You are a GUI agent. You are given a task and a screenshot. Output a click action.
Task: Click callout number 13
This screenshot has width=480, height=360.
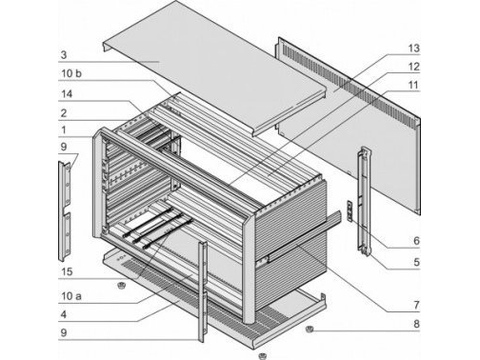pos(413,49)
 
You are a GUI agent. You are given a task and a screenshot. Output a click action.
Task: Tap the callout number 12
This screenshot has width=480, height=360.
pos(413,67)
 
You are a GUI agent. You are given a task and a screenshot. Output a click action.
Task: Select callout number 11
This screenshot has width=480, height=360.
pos(413,85)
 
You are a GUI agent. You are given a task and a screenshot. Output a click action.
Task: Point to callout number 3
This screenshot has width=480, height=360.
pos(64,55)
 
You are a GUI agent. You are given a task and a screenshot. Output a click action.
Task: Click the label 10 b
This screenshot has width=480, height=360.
pos(71,73)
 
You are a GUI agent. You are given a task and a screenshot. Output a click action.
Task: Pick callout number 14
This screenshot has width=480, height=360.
pos(67,94)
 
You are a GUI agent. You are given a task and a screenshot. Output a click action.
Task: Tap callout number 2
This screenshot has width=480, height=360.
pos(64,113)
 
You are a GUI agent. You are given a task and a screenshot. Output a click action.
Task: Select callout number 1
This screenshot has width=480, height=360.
pos(64,130)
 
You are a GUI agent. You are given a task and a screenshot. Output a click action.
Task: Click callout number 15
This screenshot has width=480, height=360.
pos(67,271)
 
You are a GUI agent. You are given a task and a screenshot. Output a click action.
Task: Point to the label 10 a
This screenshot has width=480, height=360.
pos(71,296)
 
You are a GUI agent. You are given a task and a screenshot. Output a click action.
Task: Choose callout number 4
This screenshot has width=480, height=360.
pos(64,314)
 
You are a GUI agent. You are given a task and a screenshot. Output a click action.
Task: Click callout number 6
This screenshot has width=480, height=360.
pos(416,241)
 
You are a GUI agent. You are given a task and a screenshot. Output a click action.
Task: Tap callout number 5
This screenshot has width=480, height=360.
pos(416,262)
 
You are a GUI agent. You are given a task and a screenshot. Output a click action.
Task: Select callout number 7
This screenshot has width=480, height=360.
pos(416,305)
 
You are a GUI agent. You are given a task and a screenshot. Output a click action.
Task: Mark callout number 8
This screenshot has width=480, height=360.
pos(416,324)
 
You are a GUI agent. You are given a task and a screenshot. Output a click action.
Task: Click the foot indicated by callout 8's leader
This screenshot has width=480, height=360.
pos(310,330)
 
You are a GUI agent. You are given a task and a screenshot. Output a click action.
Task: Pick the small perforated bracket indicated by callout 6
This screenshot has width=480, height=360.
pos(350,210)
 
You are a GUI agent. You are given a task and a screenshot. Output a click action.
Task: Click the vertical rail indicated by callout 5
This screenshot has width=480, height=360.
pos(364,201)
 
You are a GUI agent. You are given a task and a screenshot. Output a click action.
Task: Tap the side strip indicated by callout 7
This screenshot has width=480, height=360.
pos(304,237)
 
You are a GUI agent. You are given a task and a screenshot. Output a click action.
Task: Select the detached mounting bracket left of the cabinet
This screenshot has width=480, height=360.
pos(65,211)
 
